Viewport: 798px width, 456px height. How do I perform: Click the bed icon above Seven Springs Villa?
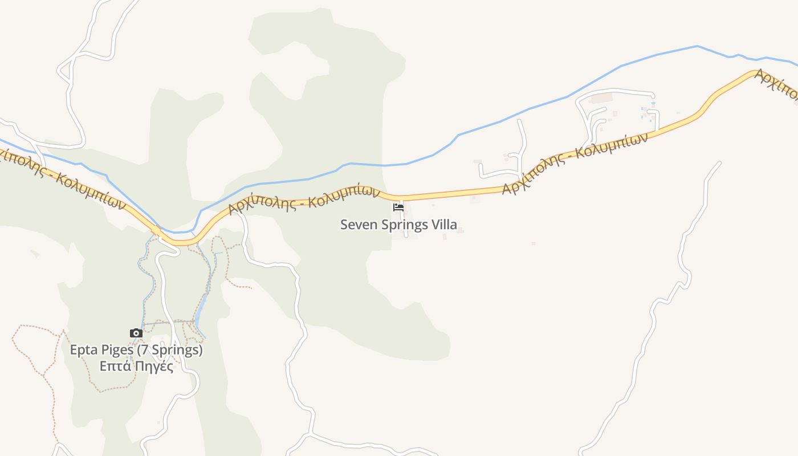[x=398, y=207]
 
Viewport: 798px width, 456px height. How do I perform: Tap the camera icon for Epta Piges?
[x=136, y=333]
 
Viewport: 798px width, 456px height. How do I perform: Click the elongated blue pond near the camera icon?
[x=201, y=311]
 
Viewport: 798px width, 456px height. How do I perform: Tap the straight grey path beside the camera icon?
[x=168, y=323]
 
